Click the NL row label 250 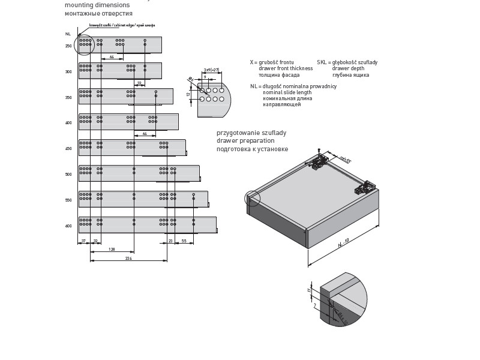[x=68, y=46]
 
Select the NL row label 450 [x=68, y=149]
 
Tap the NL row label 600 [x=68, y=226]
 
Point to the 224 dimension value [x=128, y=259]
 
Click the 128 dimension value [x=112, y=249]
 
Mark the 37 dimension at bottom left [x=83, y=241]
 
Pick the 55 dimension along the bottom [x=184, y=241]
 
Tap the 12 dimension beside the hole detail [x=188, y=94]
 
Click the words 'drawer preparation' [x=242, y=140]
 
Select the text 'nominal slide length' [x=287, y=92]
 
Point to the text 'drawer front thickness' [x=286, y=68]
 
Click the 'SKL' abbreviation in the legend [x=322, y=62]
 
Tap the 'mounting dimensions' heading [x=97, y=5]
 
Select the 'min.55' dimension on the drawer [x=344, y=160]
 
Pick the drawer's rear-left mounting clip [x=320, y=160]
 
